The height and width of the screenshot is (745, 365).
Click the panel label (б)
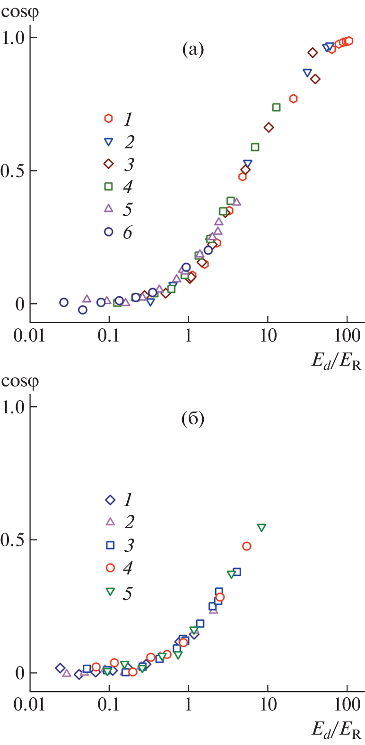193,419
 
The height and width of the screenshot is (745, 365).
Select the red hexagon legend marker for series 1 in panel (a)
109,118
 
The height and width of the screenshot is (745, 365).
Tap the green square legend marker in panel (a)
109,186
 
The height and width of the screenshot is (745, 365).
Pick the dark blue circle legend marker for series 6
109,231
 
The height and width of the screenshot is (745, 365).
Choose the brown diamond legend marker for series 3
109,163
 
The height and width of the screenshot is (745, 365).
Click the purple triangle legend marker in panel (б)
110,522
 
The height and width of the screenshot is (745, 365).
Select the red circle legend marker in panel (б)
110,567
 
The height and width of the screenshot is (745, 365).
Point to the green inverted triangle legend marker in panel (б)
110,591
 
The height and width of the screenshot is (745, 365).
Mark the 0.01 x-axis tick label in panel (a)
29,336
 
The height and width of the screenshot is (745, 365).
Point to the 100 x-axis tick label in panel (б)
347,705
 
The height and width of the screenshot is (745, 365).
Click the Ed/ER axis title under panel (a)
336,361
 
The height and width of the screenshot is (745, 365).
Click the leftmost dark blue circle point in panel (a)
64,302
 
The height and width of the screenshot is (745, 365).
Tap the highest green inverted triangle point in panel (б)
261,527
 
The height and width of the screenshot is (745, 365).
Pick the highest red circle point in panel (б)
246,546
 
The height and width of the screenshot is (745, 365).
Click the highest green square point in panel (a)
276,107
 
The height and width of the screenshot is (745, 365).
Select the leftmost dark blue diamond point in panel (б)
60,668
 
